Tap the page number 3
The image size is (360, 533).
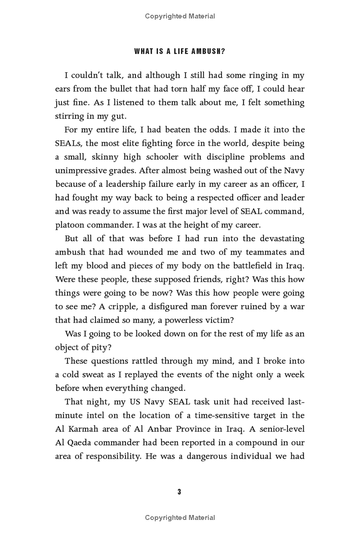tap(179, 492)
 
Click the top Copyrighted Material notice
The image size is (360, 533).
tap(180, 16)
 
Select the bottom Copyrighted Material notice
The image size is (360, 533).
tap(180, 518)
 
